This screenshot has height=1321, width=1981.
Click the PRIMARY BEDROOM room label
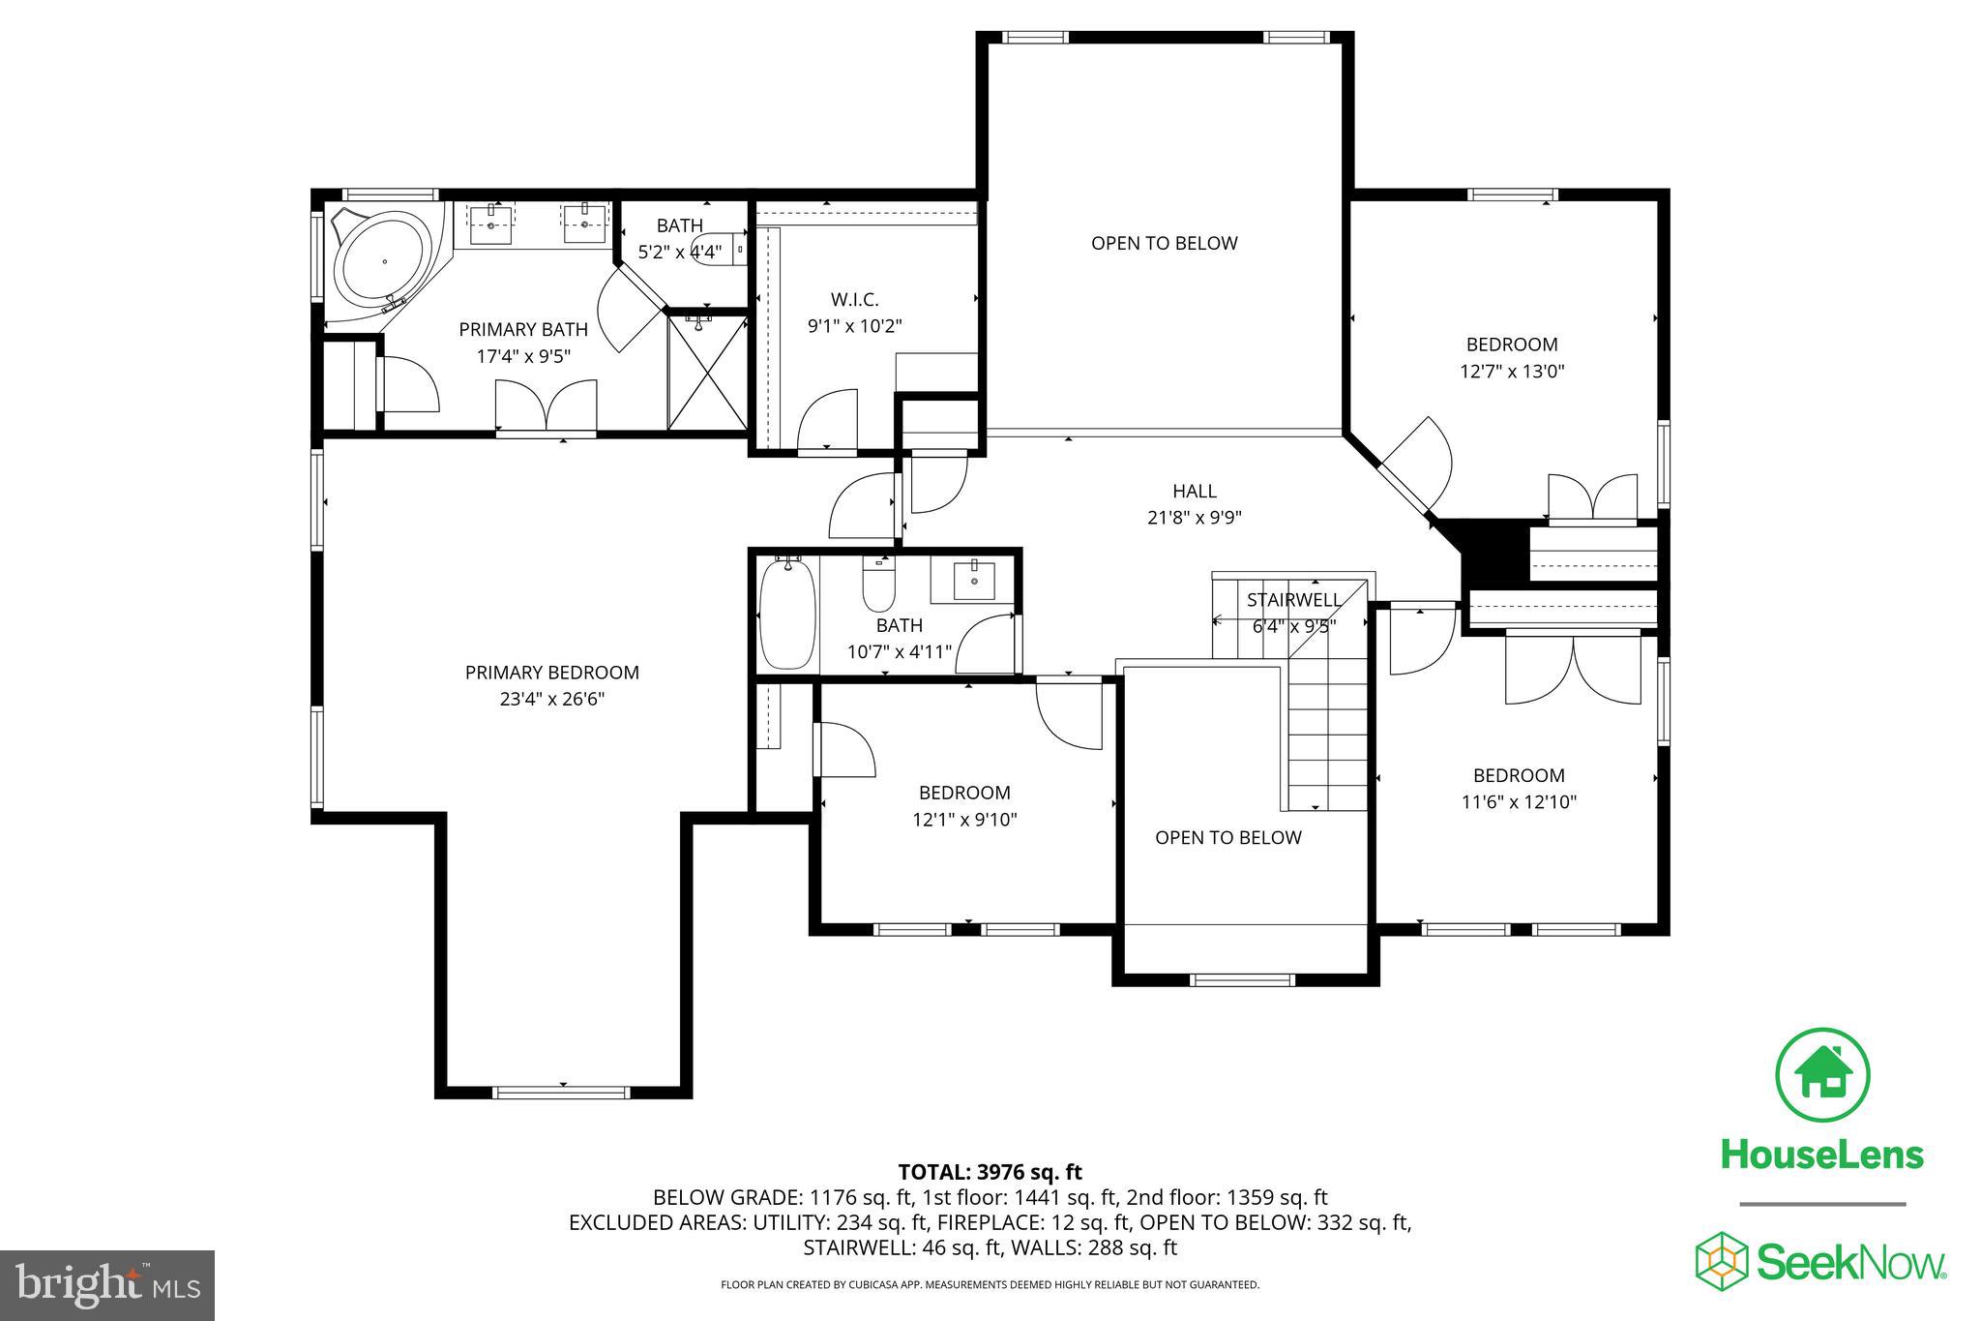pos(551,673)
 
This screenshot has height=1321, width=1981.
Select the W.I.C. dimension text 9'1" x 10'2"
pos(854,326)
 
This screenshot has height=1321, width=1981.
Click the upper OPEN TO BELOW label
pos(1164,243)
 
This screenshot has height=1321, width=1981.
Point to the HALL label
pos(1194,492)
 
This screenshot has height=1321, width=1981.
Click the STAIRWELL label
pos(1293,600)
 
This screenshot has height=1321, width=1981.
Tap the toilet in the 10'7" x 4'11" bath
pos(879,585)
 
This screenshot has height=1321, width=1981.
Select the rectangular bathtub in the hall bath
pos(788,615)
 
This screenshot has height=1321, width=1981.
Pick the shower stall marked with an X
pos(708,373)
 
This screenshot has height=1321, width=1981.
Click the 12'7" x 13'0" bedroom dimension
pos(1511,371)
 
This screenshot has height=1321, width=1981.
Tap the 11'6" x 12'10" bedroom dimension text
pos(1518,801)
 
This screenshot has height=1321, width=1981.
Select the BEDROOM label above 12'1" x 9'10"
pos(963,793)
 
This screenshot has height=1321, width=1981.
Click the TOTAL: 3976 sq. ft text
pos(990,1172)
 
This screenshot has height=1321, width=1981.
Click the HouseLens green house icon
pos(1822,1076)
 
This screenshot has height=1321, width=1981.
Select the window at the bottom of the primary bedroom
pos(562,1093)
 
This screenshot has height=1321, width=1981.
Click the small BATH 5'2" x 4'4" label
pos(679,239)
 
